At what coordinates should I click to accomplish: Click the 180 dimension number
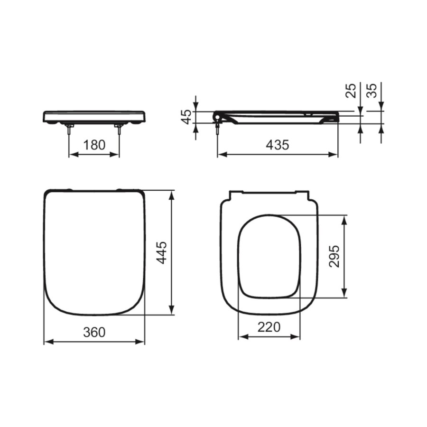(94, 145)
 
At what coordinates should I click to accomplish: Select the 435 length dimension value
(278, 145)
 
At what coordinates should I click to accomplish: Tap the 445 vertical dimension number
(162, 252)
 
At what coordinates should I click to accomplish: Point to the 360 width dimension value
(94, 332)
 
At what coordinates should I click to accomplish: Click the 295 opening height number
(334, 256)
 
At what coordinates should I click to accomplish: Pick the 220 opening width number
(269, 327)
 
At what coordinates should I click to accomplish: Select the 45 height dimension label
(187, 117)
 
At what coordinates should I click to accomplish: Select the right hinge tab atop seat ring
(302, 194)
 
